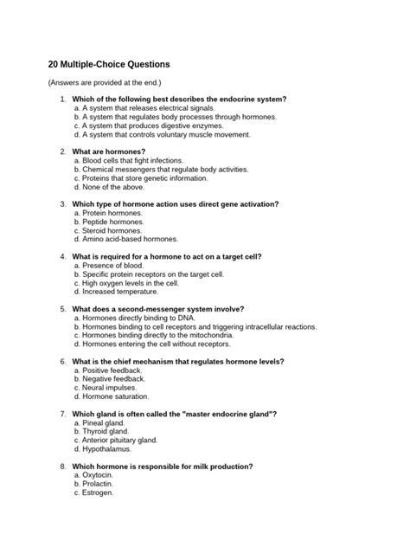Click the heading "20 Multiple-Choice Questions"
pos(109,64)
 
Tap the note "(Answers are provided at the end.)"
pos(103,82)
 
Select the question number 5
pos(63,309)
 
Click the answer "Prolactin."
pos(99,485)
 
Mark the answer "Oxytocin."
pos(99,476)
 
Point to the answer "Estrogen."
pos(98,493)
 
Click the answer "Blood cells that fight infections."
pos(132,160)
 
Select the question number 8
pos(63,467)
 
